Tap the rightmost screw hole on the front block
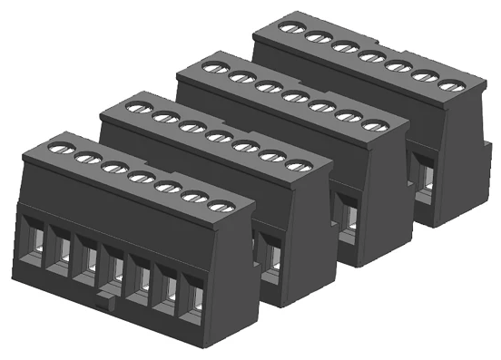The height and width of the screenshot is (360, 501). (x=216, y=207)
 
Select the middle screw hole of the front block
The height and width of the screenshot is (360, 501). (x=139, y=177)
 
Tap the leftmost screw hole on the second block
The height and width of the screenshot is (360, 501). (x=135, y=107)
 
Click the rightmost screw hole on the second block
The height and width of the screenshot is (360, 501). (x=296, y=165)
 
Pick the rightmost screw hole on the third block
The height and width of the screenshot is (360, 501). (x=374, y=125)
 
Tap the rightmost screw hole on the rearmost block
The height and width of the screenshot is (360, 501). (x=450, y=86)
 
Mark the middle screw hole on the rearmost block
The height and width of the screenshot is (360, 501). (x=369, y=57)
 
